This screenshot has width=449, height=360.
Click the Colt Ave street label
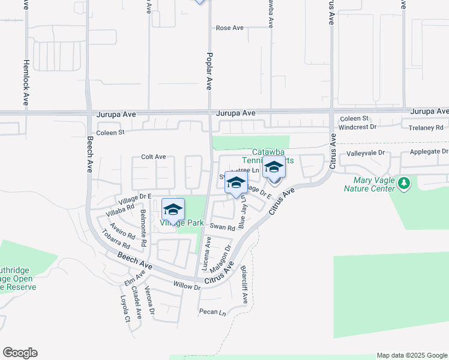point(153,157)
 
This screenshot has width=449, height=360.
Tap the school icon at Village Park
point(173,210)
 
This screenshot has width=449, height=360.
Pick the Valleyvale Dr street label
point(365,154)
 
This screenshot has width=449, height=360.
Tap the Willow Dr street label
point(187,287)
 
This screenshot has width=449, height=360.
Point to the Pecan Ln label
point(213,312)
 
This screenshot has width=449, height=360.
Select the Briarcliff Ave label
point(245,284)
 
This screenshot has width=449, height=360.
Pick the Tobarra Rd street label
point(116,239)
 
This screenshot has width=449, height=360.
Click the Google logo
point(20,353)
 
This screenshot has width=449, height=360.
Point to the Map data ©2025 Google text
point(412,355)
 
